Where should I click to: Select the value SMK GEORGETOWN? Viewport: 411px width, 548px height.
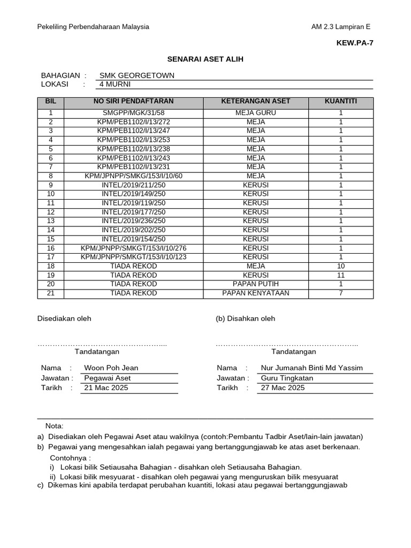point(137,75)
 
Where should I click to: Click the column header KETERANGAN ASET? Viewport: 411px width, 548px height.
point(255,101)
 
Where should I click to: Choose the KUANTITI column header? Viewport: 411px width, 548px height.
point(341,101)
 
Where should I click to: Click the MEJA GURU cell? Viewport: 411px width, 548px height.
point(255,113)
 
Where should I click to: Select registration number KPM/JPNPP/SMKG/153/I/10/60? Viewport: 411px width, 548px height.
point(133,176)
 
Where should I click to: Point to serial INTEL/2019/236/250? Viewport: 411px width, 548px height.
point(133,221)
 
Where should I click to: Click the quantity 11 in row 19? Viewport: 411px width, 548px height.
point(341,275)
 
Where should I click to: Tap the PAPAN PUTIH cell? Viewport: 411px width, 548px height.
point(255,284)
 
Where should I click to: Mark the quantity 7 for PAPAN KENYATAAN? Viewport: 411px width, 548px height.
point(341,293)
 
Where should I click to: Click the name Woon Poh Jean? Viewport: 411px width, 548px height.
point(111,368)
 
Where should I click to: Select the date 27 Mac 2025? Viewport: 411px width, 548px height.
point(283,387)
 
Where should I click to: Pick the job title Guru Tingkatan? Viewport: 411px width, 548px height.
point(287,378)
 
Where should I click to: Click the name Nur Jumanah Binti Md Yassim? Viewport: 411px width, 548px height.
point(311,368)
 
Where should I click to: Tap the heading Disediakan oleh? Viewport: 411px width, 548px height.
point(64,318)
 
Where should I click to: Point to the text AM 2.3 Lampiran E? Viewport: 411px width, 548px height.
point(340,27)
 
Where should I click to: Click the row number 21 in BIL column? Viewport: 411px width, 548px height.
point(51,293)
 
